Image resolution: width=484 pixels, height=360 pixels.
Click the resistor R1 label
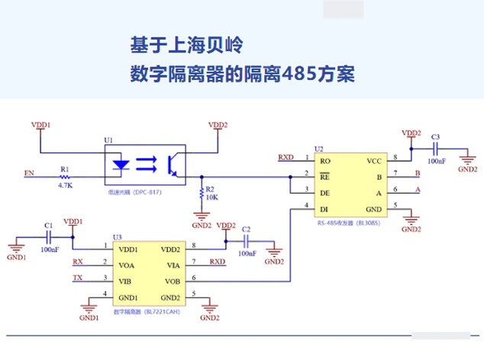(65, 169)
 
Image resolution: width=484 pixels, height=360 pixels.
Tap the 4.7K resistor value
(66, 185)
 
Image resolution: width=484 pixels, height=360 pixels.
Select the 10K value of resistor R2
(211, 198)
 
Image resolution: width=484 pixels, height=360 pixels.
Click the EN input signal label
(29, 174)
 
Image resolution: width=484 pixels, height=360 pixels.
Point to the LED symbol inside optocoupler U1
(120, 163)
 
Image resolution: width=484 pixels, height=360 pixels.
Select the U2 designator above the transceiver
(319, 149)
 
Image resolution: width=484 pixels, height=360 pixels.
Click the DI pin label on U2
(324, 208)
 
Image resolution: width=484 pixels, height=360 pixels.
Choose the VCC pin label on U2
(373, 161)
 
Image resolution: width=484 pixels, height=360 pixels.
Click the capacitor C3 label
(435, 137)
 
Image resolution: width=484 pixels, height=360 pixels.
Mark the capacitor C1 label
(48, 226)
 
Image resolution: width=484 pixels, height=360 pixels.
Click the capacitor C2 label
(245, 229)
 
